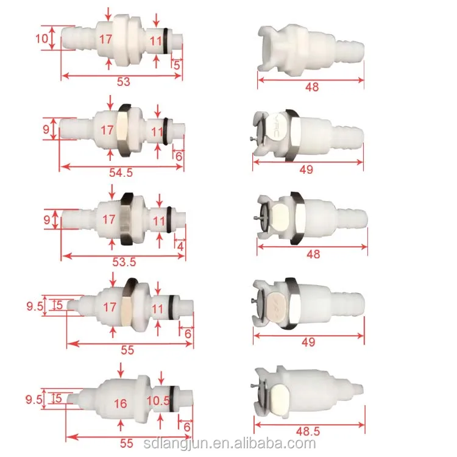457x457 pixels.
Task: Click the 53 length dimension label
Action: coord(123,82)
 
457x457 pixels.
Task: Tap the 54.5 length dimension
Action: coord(121,172)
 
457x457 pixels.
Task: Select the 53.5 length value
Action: coord(124,262)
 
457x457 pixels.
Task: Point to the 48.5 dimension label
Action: coord(308,431)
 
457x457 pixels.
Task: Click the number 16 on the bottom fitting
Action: coord(121,403)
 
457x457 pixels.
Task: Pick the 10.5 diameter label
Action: coord(158,401)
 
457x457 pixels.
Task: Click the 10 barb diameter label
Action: coord(41,38)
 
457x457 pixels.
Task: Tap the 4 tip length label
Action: coord(180,247)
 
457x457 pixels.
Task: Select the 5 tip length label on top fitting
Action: coord(177,65)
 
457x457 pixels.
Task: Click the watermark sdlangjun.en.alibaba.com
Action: coord(230,444)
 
